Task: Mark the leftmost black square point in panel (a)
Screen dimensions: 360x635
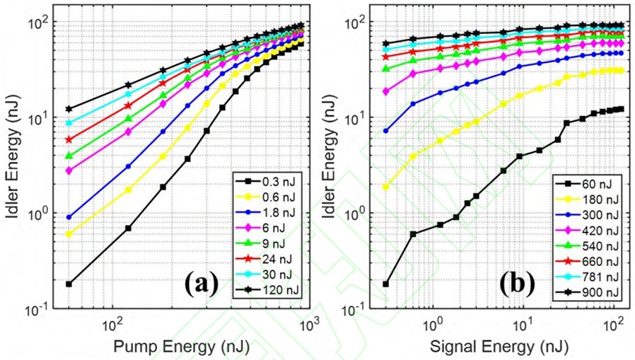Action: pyautogui.click(x=69, y=284)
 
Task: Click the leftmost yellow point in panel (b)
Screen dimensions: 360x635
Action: pyautogui.click(x=386, y=187)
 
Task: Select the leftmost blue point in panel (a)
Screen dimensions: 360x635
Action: pyautogui.click(x=69, y=217)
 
